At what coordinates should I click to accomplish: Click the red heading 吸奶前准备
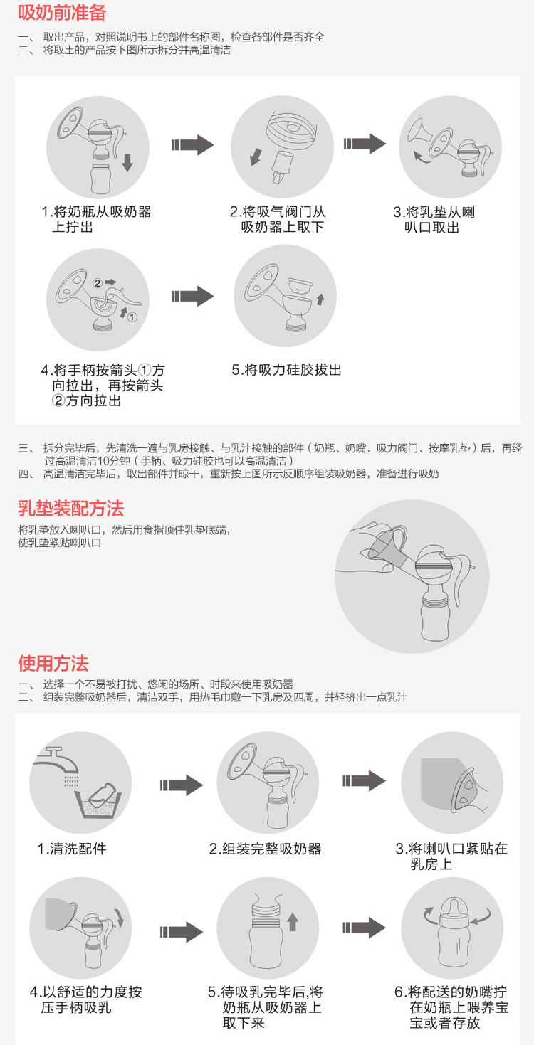click(62, 12)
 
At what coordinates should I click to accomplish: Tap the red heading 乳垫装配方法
click(71, 508)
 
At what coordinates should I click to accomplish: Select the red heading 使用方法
click(53, 663)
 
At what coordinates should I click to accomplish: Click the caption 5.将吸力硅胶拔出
click(287, 370)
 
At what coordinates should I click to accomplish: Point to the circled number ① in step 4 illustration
click(132, 317)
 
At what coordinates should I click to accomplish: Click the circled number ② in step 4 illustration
click(97, 283)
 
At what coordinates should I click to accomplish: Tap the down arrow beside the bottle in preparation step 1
click(127, 163)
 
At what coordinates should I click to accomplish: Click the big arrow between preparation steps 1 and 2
click(192, 144)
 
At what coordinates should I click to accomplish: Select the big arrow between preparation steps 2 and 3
click(365, 144)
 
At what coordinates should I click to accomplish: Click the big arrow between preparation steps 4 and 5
click(192, 296)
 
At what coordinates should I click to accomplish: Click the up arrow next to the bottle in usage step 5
click(293, 921)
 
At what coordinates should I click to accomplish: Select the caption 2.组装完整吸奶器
click(265, 848)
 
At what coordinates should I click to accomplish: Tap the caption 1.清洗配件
click(72, 848)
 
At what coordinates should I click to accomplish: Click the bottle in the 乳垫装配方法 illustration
click(436, 616)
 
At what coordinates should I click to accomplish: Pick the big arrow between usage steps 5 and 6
click(364, 928)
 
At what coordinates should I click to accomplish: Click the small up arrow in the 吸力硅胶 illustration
click(320, 299)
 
